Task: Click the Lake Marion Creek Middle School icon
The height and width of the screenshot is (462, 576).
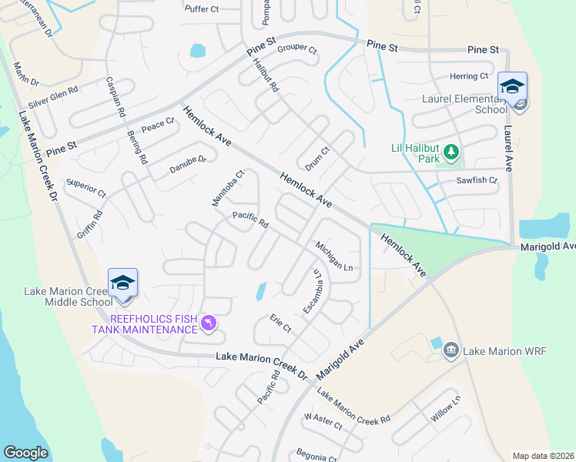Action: click(x=122, y=283)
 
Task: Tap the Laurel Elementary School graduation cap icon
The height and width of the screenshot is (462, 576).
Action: click(x=511, y=86)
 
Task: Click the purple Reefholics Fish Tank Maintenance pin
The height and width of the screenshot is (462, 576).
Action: click(x=208, y=324)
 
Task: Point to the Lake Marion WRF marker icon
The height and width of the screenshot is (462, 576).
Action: click(x=451, y=351)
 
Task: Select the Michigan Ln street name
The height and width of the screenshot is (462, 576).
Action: click(x=333, y=256)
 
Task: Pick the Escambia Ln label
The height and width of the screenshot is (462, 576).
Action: click(x=312, y=291)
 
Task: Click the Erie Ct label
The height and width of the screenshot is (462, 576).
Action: click(x=280, y=323)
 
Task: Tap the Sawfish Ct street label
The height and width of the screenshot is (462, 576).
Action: click(x=477, y=180)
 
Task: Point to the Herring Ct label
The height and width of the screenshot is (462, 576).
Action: click(x=469, y=76)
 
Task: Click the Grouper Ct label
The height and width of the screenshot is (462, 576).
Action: click(x=297, y=49)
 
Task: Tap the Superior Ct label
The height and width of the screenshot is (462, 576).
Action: click(x=86, y=186)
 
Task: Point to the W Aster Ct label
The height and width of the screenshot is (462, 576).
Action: click(x=323, y=420)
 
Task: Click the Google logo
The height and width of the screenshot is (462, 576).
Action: click(x=25, y=453)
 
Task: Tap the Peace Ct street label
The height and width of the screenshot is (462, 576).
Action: click(x=159, y=125)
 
